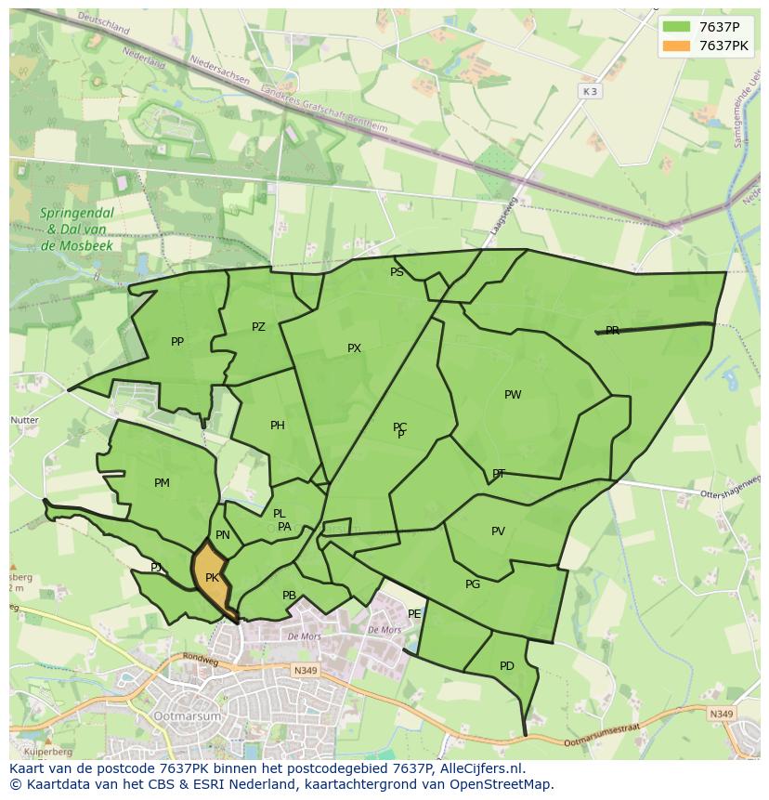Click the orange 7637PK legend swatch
coord(677,46)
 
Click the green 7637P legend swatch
coord(677,27)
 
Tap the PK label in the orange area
coord(212,578)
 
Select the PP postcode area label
coord(177,342)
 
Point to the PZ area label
coord(258,327)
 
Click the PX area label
coord(354,348)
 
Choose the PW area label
coord(513,395)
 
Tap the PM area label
coord(162,483)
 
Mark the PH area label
coord(278,426)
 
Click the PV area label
coord(498,531)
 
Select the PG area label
coord(473,584)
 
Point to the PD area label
coord(506,666)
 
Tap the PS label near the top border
coord(397,272)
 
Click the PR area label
coord(612,331)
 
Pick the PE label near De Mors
coord(414,614)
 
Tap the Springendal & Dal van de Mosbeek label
coord(76,230)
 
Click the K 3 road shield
coord(590,91)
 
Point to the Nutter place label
coord(24,420)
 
